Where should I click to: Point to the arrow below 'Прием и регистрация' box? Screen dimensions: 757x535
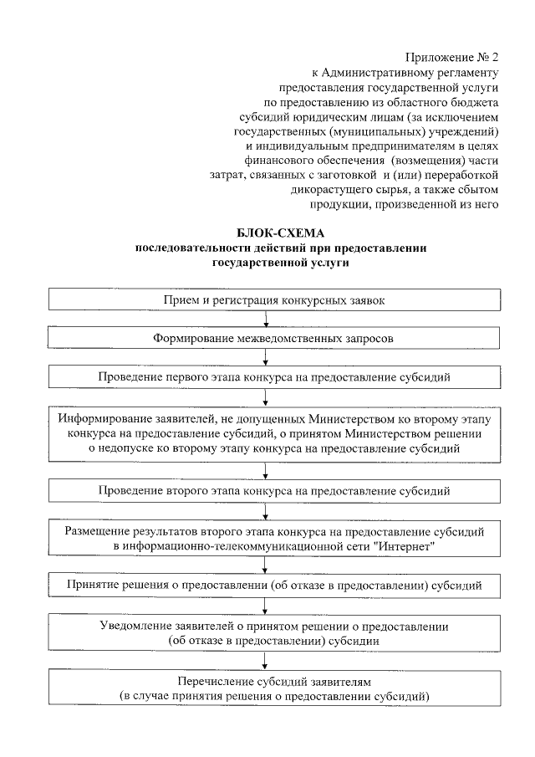click(266, 319)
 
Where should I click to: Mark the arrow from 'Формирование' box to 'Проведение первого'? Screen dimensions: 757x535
click(266, 357)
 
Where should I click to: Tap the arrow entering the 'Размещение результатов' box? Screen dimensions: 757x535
click(266, 512)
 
